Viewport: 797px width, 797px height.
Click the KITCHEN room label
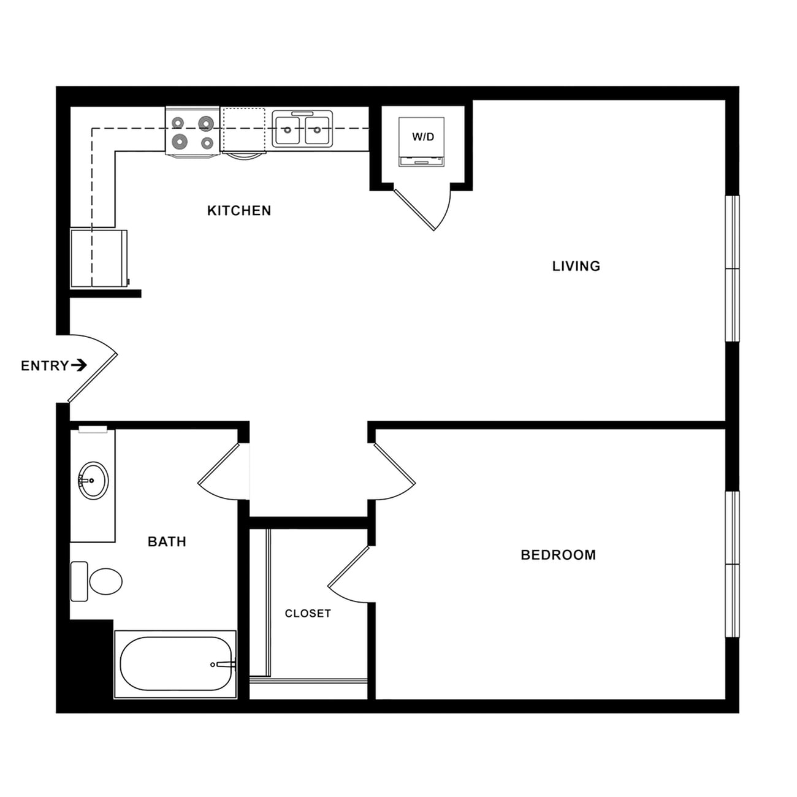pyautogui.click(x=238, y=211)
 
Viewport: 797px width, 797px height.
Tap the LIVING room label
pyautogui.click(x=576, y=266)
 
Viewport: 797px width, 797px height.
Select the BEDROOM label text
pyautogui.click(x=558, y=555)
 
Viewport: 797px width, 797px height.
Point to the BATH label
pyautogui.click(x=167, y=541)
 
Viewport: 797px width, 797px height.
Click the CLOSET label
pyautogui.click(x=308, y=613)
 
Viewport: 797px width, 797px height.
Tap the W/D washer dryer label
pyautogui.click(x=422, y=137)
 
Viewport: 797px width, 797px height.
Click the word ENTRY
pyautogui.click(x=44, y=366)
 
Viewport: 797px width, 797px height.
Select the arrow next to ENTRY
pyautogui.click(x=79, y=365)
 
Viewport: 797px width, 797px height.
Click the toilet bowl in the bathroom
pyautogui.click(x=105, y=581)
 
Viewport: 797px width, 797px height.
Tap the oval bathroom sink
pyautogui.click(x=93, y=481)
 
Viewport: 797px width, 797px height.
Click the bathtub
pyautogui.click(x=175, y=664)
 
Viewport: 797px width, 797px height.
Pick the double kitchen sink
pyautogui.click(x=302, y=129)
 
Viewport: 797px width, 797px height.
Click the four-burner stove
pyautogui.click(x=193, y=132)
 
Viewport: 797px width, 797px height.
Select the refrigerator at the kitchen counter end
pyautogui.click(x=98, y=258)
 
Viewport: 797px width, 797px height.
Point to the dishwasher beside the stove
pyautogui.click(x=243, y=130)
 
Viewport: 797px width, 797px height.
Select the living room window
pyautogui.click(x=732, y=268)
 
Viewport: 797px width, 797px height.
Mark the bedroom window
pyautogui.click(x=732, y=564)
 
